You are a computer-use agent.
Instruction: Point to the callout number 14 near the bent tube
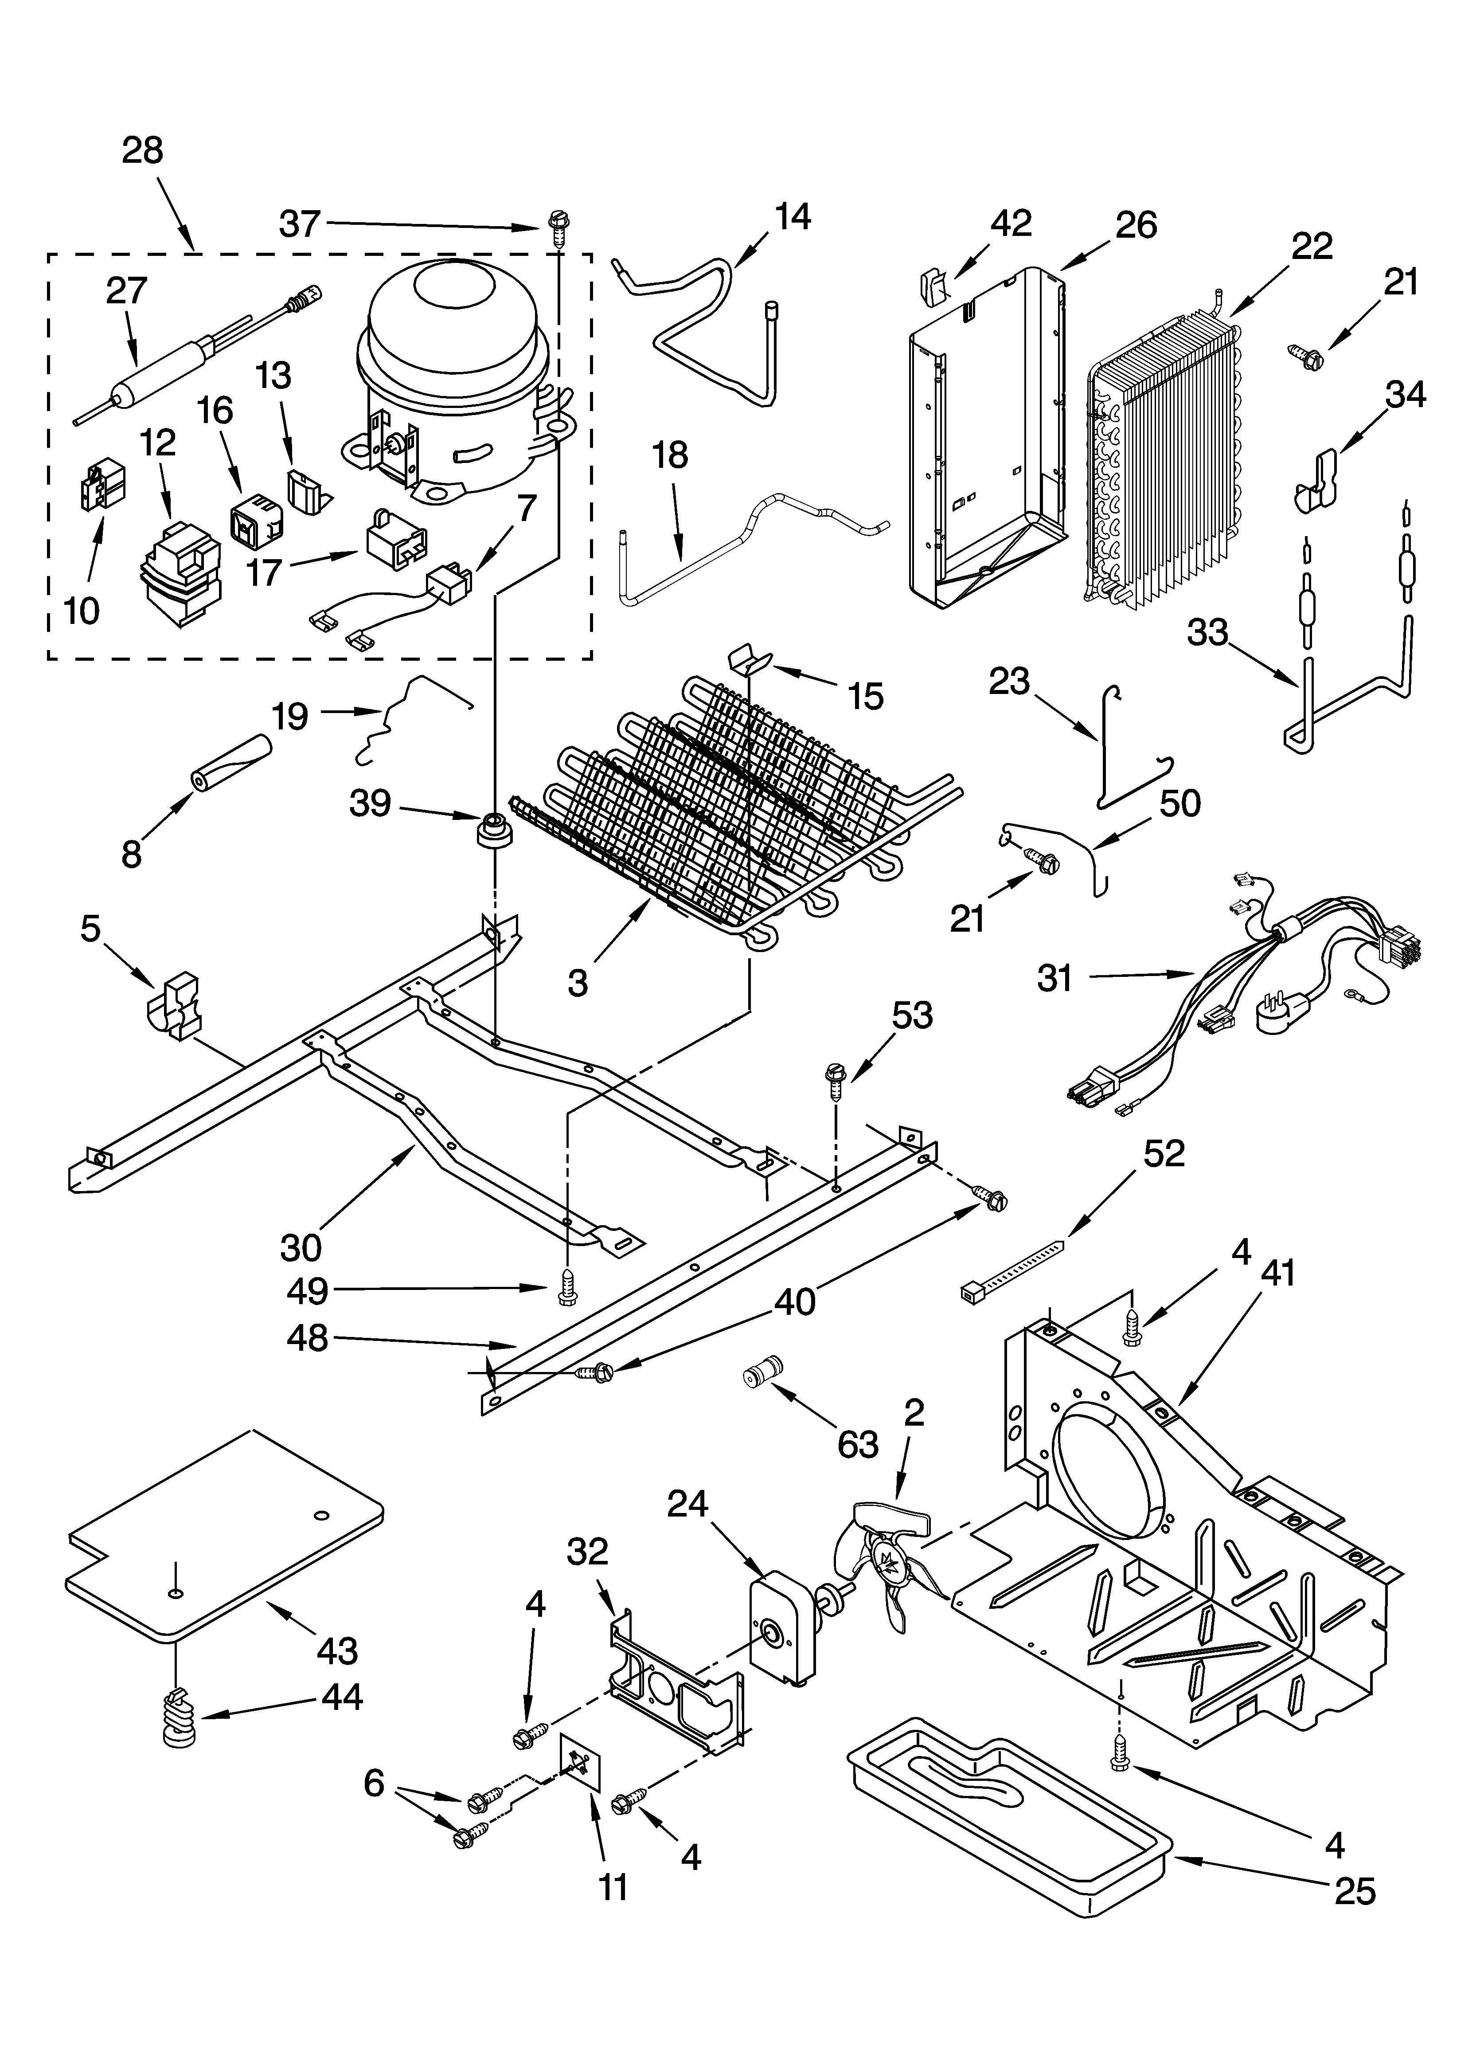point(792,217)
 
